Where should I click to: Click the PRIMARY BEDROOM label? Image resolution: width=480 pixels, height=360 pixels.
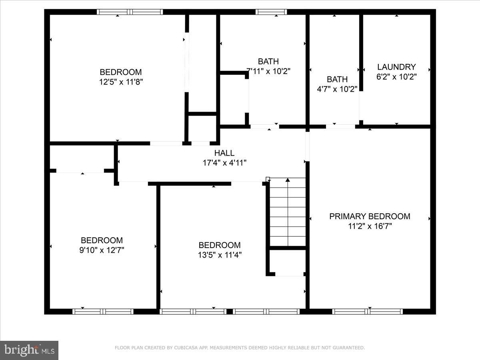370,216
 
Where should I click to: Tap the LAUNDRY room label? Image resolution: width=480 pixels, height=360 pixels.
396,67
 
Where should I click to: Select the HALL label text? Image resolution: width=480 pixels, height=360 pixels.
224,153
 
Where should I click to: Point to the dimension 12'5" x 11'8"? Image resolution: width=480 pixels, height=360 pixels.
121,82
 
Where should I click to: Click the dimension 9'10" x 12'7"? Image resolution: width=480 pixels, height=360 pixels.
102,250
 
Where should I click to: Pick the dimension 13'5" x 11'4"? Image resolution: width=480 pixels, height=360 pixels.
220,255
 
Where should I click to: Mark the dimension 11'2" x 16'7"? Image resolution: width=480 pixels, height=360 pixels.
370,226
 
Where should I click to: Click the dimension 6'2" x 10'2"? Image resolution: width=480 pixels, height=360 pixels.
396,77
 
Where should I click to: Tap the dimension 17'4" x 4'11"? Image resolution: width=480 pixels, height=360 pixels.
224,163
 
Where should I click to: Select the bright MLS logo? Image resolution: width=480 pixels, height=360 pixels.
29,350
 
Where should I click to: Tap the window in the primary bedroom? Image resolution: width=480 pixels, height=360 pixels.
368,311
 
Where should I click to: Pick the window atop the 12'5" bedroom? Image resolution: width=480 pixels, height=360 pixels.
130,12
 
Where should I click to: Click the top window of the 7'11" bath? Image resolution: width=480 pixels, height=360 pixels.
271,12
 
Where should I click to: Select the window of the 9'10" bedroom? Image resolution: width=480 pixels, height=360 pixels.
103,311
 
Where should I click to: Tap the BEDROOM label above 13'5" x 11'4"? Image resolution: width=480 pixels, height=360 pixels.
220,245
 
